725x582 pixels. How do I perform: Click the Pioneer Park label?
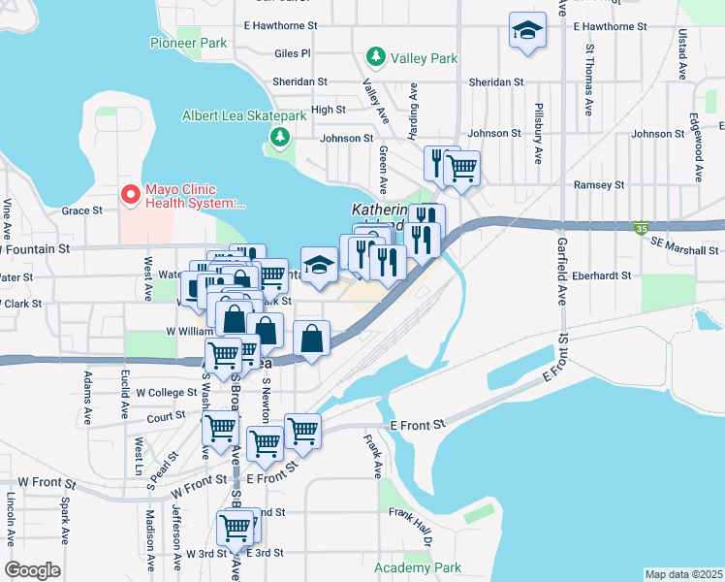click(x=188, y=43)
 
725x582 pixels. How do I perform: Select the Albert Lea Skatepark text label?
click(x=244, y=116)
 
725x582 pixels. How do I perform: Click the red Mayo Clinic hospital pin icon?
click(x=130, y=196)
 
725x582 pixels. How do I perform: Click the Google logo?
click(x=32, y=570)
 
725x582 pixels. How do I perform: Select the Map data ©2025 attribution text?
click(x=683, y=574)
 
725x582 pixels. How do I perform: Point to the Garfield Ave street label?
click(x=561, y=275)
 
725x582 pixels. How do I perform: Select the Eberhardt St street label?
click(x=599, y=275)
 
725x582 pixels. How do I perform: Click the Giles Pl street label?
click(x=292, y=53)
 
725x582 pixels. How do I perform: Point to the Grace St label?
click(x=82, y=210)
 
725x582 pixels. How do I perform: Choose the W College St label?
click(x=166, y=393)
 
